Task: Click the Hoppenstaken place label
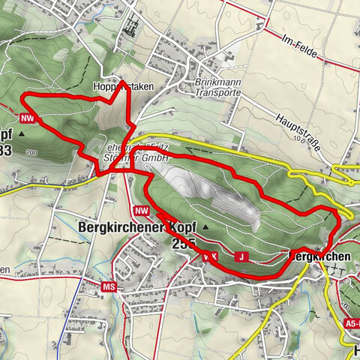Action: tap(123, 86)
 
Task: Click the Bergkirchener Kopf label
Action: tap(136, 226)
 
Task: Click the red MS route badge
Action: tap(110, 286)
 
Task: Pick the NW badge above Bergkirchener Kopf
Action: tap(142, 211)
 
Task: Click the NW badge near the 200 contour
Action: tap(28, 118)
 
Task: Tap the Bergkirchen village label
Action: tap(320, 256)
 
